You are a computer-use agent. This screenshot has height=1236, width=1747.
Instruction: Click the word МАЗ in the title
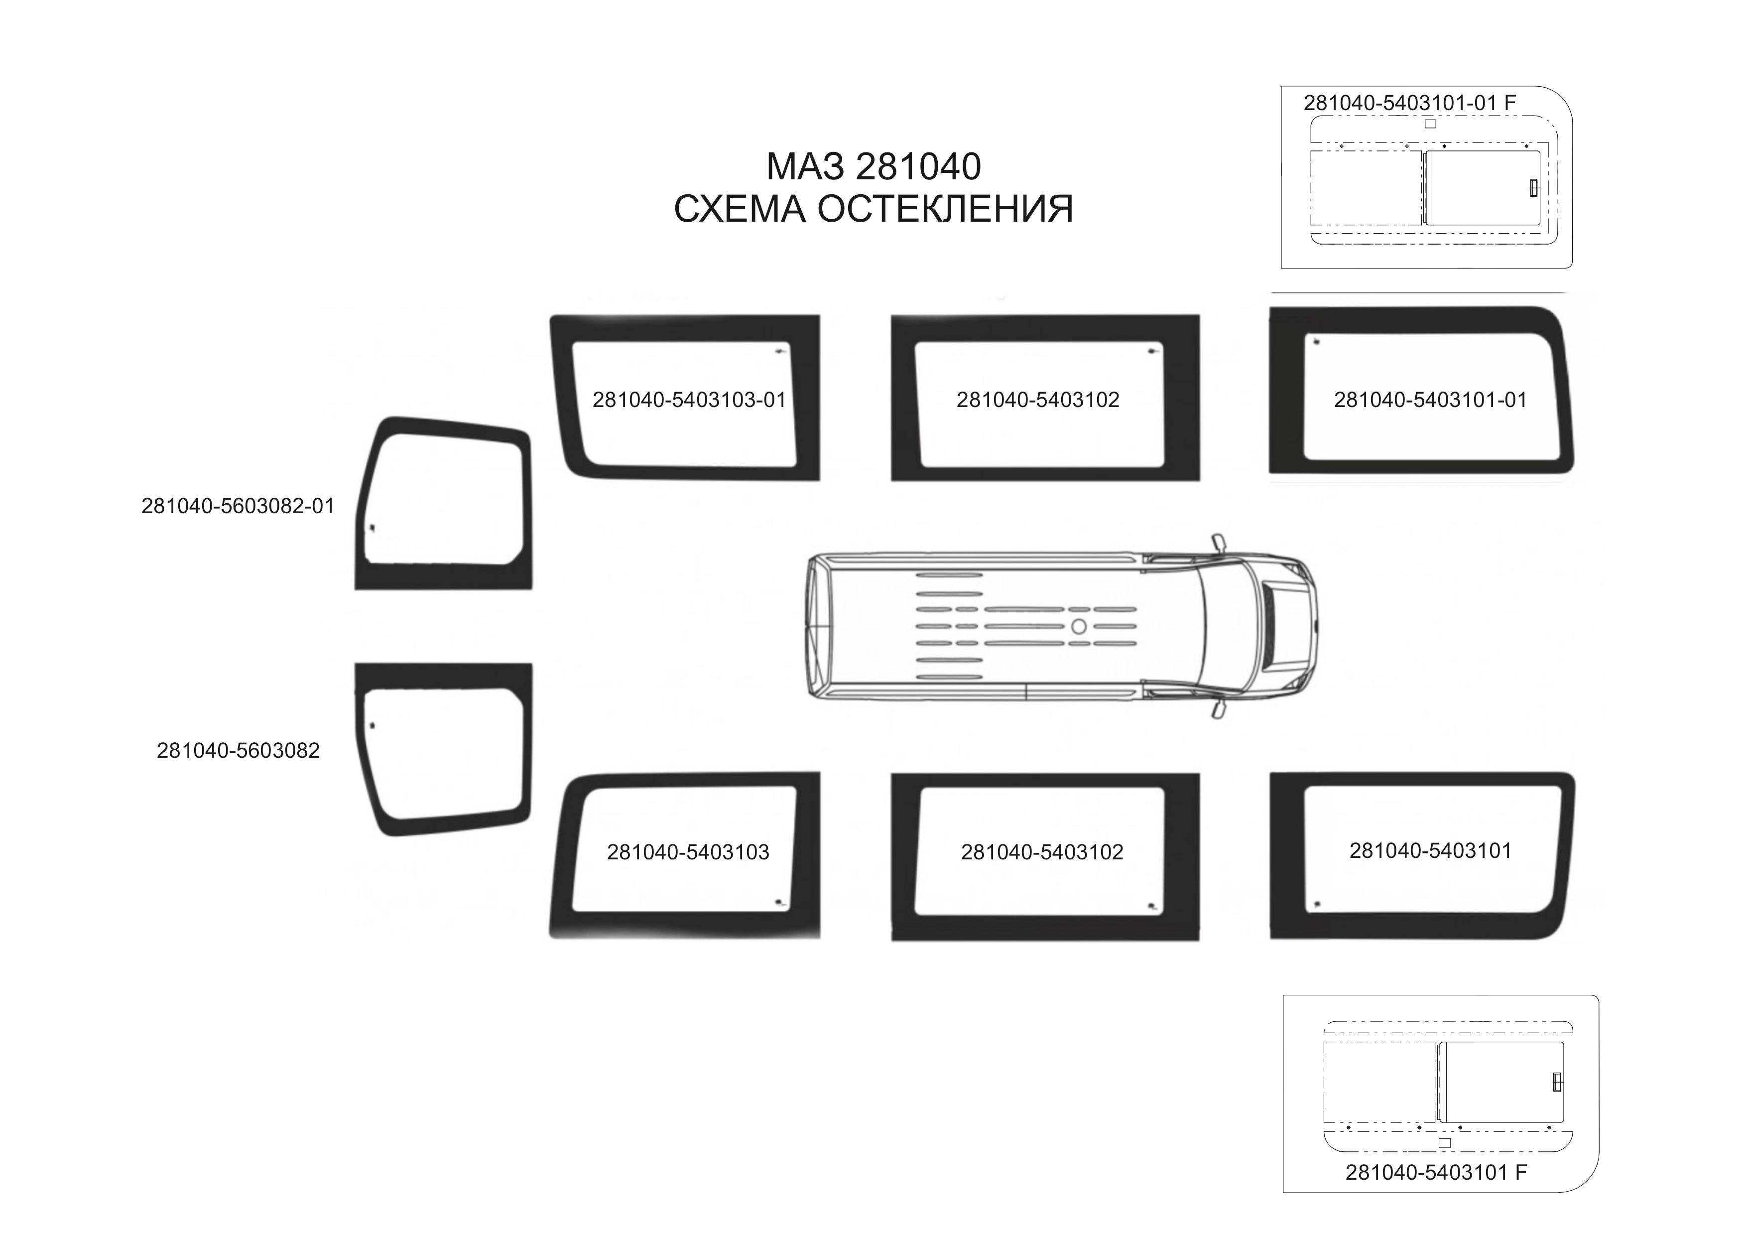click(x=804, y=167)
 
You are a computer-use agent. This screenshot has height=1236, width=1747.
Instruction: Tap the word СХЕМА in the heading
click(x=739, y=209)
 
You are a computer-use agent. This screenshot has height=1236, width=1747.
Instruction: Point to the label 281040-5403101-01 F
click(x=1409, y=103)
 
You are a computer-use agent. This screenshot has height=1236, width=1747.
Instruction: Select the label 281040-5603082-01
click(x=238, y=506)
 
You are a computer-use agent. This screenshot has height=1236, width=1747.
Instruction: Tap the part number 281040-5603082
click(x=238, y=750)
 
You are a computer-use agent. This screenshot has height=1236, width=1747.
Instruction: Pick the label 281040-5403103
click(x=688, y=852)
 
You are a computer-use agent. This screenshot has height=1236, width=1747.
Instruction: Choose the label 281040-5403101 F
click(x=1436, y=1172)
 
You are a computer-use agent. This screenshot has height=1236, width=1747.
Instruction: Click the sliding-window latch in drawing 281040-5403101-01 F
click(x=1533, y=187)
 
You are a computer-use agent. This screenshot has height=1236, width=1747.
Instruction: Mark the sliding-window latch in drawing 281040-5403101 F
click(x=1557, y=1082)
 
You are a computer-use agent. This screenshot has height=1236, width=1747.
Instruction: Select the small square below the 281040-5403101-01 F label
click(x=1430, y=123)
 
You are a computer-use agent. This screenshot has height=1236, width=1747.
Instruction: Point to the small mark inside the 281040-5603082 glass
click(x=372, y=725)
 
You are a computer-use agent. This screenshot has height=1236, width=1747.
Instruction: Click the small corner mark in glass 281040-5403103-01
click(x=780, y=352)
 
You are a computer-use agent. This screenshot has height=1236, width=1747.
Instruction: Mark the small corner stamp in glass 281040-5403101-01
click(x=1316, y=342)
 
